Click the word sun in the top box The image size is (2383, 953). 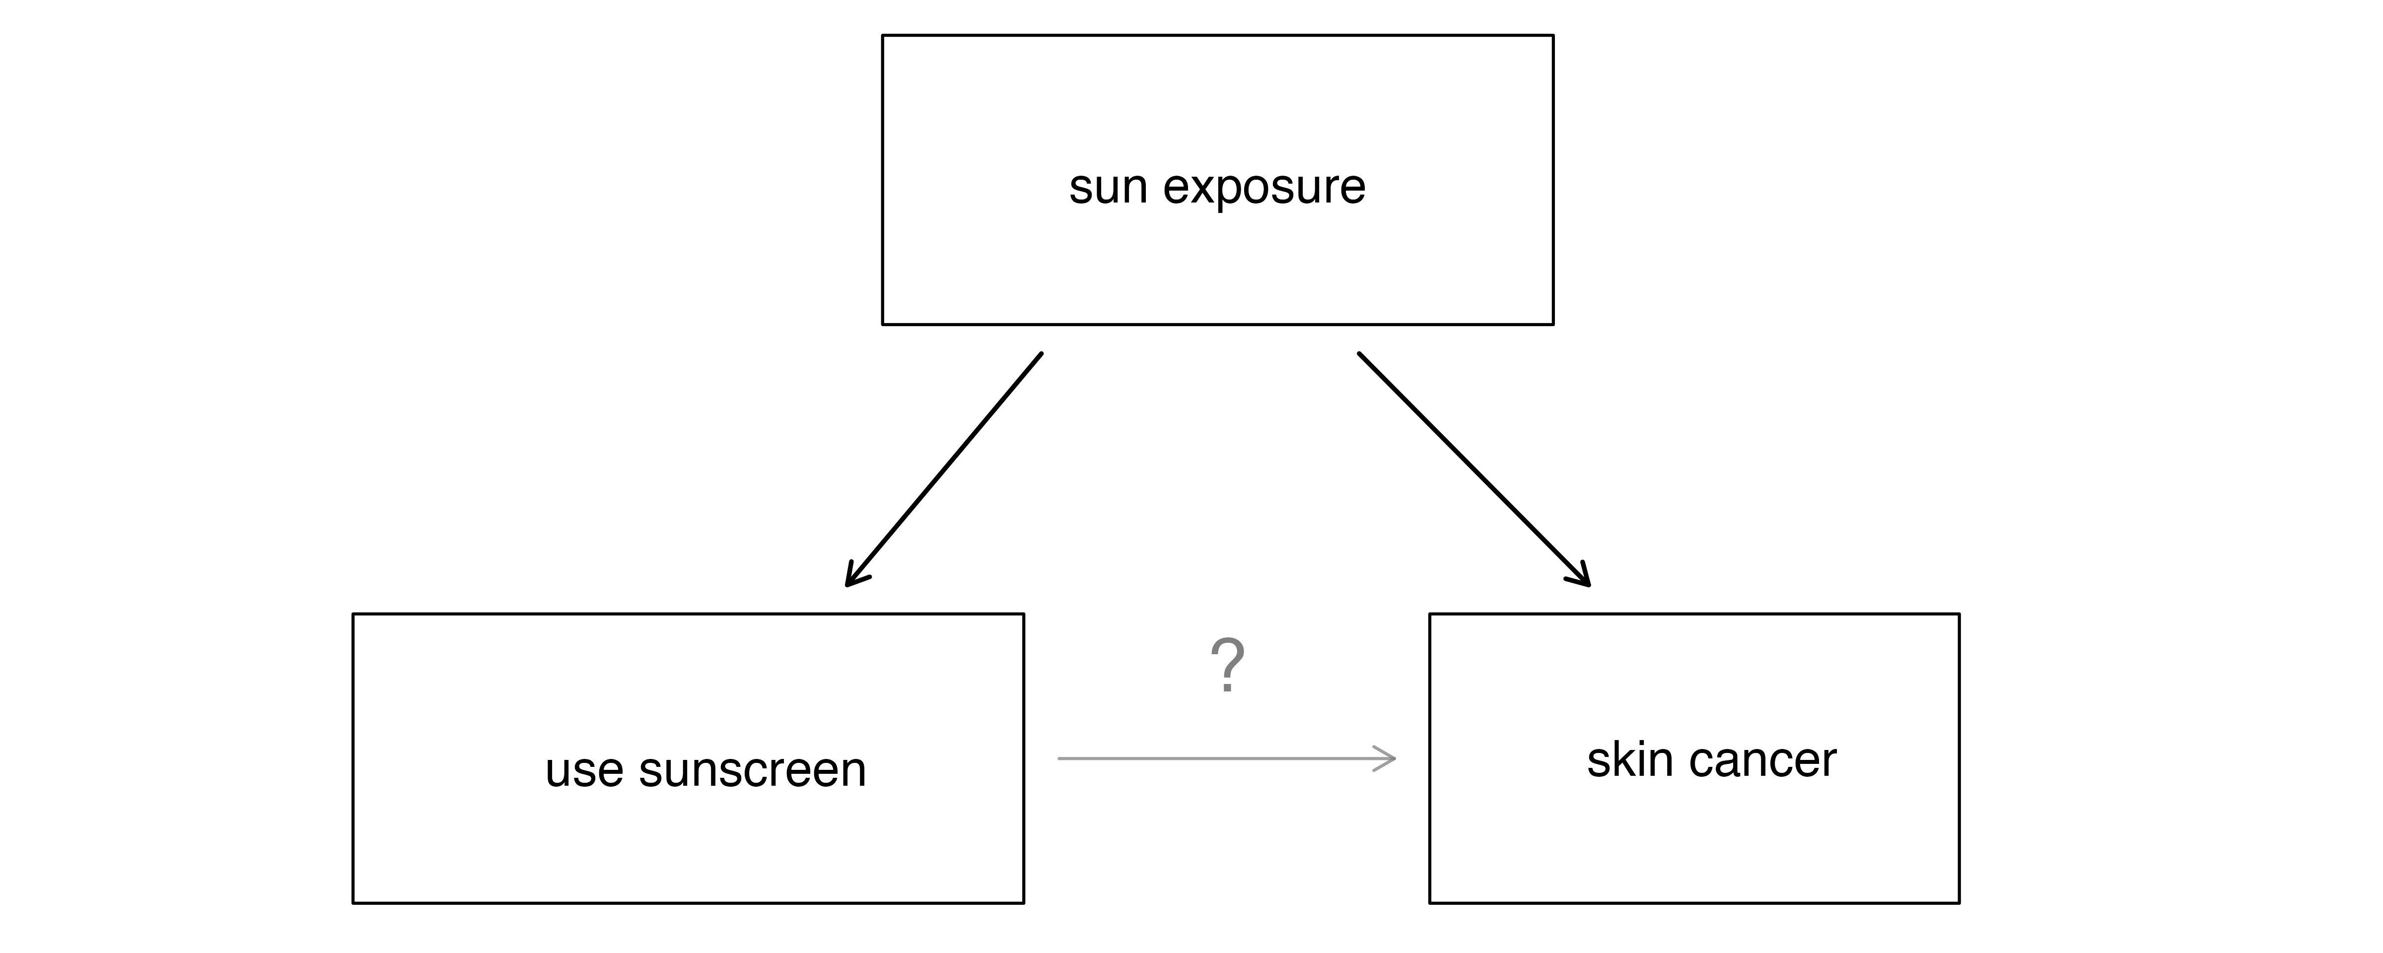[x=1107, y=188]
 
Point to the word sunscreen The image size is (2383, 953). [x=752, y=770]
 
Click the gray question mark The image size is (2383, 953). [x=1228, y=665]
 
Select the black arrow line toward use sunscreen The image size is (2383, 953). [x=944, y=469]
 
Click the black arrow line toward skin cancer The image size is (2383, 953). [x=1473, y=469]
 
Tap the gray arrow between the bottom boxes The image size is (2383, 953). [x=1227, y=759]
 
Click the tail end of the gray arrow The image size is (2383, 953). [x=1058, y=759]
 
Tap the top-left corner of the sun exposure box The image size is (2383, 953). [x=883, y=35]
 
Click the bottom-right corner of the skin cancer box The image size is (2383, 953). [x=1960, y=903]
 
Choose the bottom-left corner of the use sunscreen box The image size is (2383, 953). [x=352, y=903]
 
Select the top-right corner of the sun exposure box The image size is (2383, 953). [x=1553, y=35]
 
